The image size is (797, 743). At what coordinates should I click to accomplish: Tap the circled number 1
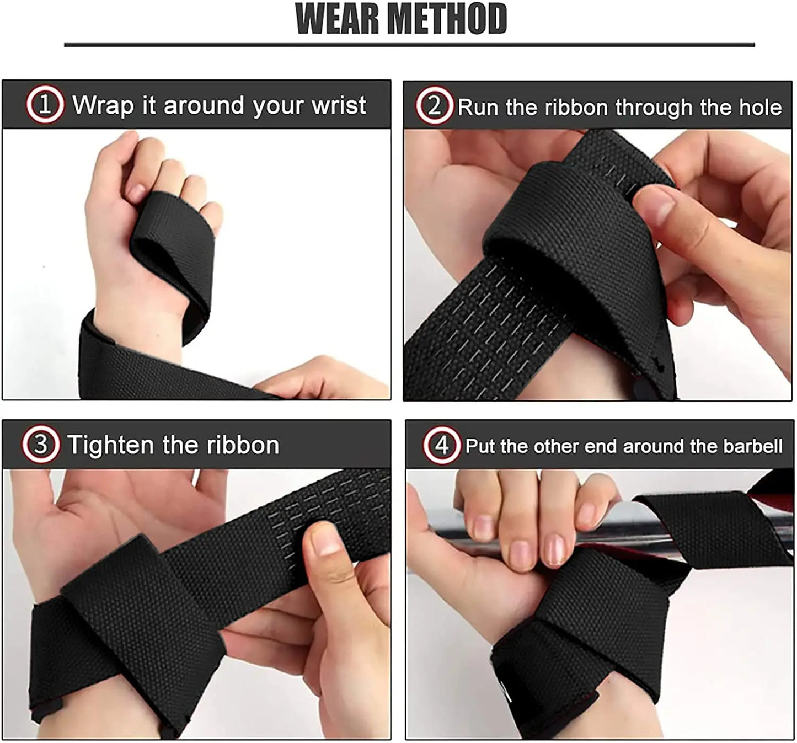point(45,105)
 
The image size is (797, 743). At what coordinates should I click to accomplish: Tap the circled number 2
point(434,106)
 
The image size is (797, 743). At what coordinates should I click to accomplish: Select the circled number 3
point(40,445)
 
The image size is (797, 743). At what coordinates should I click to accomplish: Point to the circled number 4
point(442,445)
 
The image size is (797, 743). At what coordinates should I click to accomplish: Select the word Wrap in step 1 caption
point(103,105)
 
